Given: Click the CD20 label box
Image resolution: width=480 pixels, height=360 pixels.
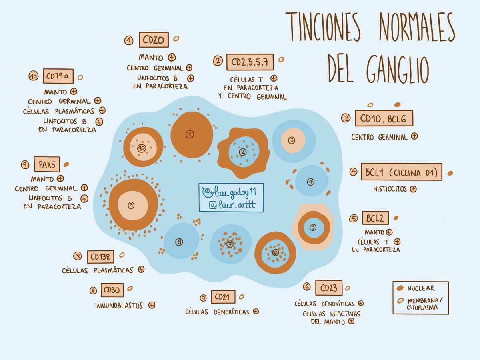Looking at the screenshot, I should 154,40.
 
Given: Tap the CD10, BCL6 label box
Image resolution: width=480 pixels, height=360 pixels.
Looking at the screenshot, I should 384,118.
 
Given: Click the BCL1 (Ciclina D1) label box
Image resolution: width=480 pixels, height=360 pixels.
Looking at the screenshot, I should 401,172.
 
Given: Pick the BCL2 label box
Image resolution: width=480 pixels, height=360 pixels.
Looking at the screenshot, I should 375,218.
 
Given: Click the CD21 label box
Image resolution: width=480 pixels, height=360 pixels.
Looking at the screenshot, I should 223,297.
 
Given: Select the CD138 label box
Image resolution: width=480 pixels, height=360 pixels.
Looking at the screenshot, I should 100,256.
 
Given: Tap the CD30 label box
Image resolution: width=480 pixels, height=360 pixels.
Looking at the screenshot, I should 112,290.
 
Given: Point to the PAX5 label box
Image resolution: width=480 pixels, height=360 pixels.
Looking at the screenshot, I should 47,164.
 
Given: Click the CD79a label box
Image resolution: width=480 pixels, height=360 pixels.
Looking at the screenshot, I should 58,76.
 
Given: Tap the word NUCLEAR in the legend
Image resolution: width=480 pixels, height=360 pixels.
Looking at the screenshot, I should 421,288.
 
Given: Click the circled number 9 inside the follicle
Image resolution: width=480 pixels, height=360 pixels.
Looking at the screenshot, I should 130,205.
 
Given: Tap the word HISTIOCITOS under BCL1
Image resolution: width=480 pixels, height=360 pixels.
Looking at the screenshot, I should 390,189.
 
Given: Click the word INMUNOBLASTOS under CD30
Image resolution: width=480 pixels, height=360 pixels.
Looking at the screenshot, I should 119,306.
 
